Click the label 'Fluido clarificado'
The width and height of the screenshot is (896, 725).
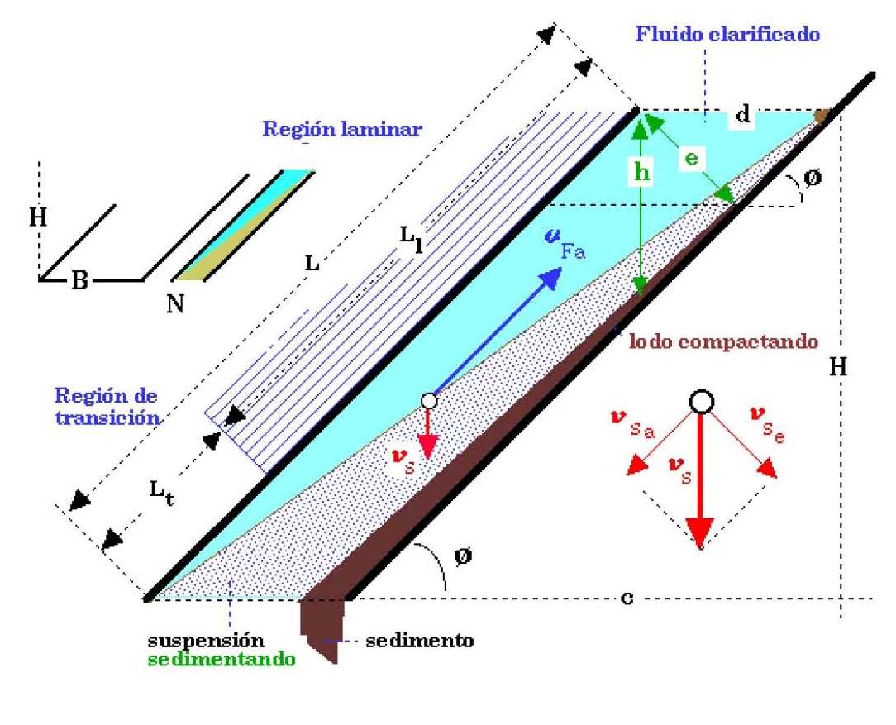727,35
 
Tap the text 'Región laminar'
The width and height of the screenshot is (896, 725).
341,129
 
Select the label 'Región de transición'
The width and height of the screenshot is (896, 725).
107,406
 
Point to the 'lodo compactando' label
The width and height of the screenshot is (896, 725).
723,341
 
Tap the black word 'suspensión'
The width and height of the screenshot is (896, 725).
205,641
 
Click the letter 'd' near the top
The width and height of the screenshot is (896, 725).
742,116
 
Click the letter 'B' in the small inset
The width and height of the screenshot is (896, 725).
79,280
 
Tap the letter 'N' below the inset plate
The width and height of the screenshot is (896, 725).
174,303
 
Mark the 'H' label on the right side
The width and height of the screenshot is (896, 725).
837,368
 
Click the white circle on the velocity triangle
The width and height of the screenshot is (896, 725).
701,402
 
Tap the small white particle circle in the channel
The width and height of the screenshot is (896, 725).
428,400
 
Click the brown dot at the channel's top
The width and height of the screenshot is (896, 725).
822,117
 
